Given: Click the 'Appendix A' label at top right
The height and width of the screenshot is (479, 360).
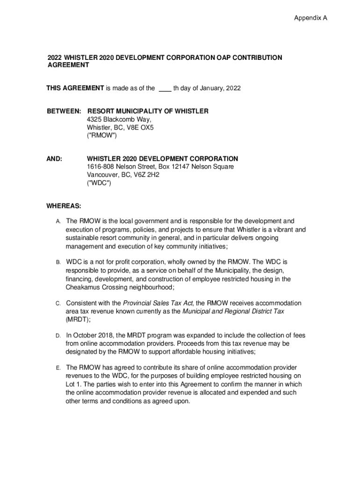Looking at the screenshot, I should [x=310, y=18].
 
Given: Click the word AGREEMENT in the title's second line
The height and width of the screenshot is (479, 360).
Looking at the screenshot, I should [x=68, y=65].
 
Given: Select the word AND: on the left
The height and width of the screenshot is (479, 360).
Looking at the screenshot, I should [x=55, y=159].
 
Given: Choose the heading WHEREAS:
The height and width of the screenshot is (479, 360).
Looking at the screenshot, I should [x=64, y=206].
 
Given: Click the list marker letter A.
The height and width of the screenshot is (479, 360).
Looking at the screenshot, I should [x=58, y=221].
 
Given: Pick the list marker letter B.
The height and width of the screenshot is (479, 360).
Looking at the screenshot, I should [x=58, y=262].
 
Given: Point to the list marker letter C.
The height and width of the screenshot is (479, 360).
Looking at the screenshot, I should [x=58, y=304].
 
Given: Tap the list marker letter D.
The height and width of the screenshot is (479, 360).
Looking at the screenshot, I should [x=58, y=336].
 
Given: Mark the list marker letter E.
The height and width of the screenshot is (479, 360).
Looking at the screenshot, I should [x=58, y=368].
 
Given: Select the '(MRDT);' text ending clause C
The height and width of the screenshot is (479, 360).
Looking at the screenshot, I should [x=78, y=319].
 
